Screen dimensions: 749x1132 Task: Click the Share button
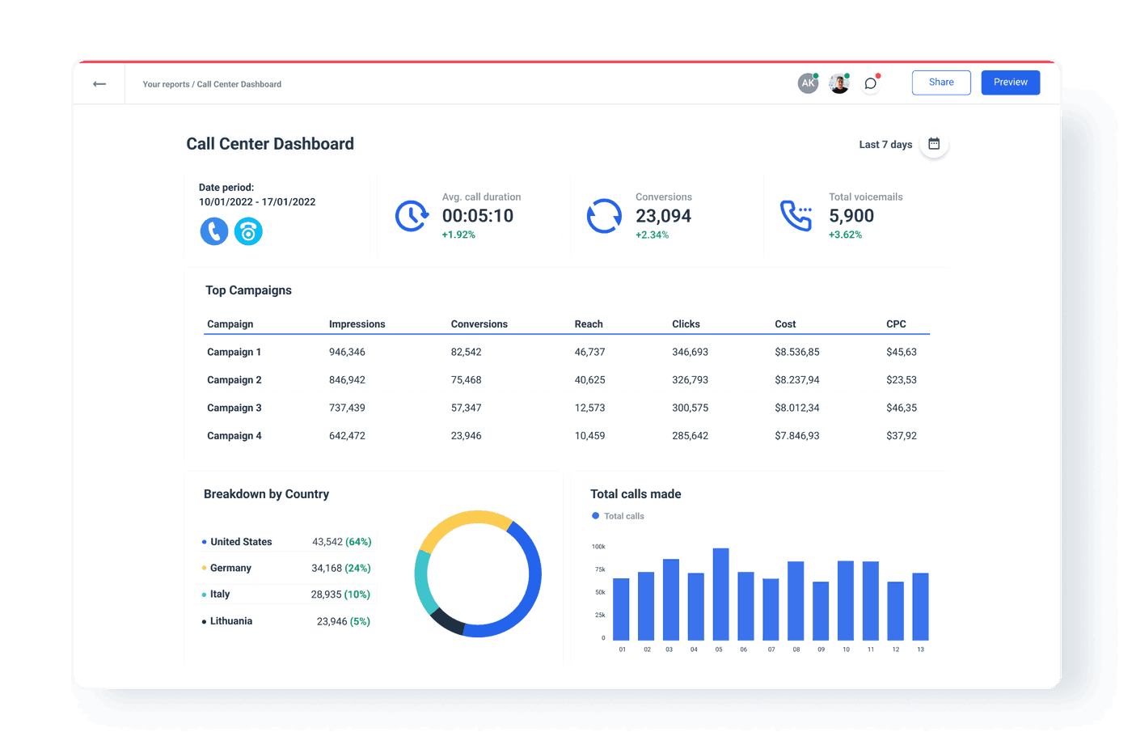[x=940, y=83]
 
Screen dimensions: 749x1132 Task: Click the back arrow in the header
[x=99, y=84]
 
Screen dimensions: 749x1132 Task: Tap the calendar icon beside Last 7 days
[x=934, y=144]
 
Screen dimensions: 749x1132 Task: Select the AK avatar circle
[x=807, y=83]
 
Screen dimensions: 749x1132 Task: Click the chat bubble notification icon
[x=870, y=83]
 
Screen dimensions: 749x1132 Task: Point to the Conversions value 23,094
[x=663, y=216]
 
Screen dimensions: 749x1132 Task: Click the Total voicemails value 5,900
[x=851, y=216]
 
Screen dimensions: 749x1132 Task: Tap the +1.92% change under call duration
[x=458, y=235]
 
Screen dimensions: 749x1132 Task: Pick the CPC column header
[x=896, y=324]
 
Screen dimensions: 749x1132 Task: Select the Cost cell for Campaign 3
[x=796, y=408]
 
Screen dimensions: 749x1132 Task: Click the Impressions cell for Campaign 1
[x=347, y=353]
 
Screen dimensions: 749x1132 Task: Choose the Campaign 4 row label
[x=234, y=436]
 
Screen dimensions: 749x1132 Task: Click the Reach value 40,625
[x=589, y=380]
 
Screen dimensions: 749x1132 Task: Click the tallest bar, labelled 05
[x=720, y=595]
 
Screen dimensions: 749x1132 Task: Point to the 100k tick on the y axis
[x=598, y=547]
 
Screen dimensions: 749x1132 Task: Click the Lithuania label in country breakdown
[x=231, y=621]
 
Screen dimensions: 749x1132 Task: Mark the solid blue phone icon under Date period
[x=214, y=232]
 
